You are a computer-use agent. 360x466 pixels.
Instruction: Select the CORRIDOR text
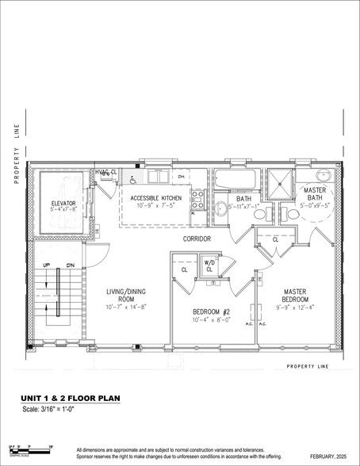197,238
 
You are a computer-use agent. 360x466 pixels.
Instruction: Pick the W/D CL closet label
209,265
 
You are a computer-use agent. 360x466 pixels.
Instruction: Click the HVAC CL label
106,172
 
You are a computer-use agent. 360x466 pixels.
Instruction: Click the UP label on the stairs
45,265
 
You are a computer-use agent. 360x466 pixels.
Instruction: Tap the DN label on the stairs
71,265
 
